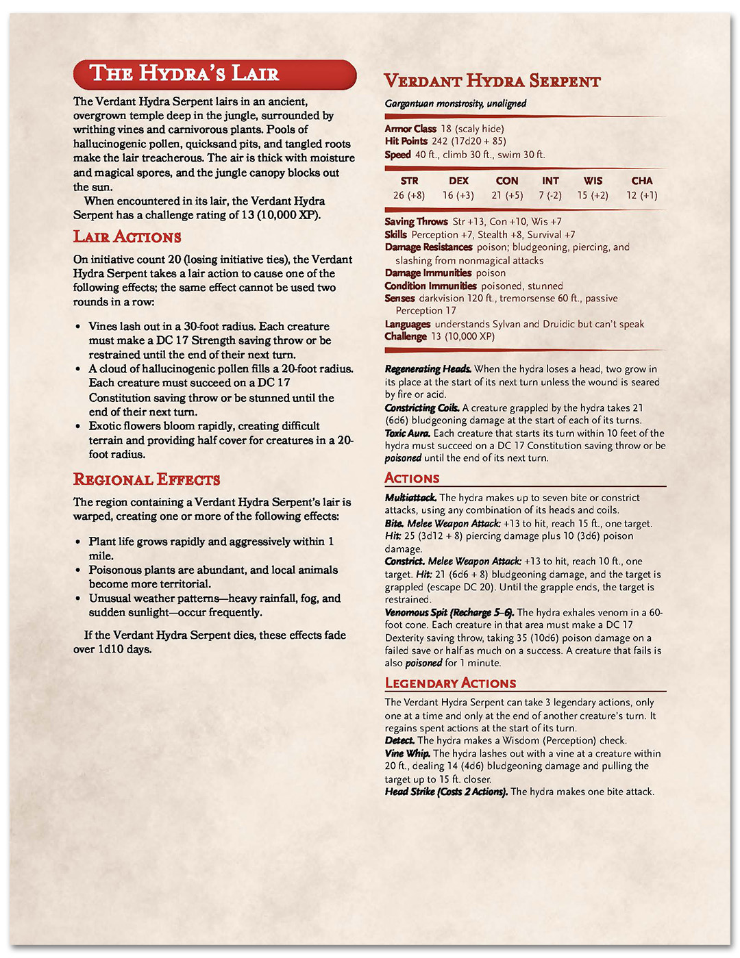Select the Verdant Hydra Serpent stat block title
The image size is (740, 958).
[x=492, y=81]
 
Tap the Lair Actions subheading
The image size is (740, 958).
[x=127, y=237]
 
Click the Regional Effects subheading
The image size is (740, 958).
[x=147, y=479]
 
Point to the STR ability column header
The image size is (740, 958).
[x=409, y=181]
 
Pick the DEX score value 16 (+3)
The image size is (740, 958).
[x=458, y=195]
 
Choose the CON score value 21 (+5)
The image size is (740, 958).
[x=506, y=195]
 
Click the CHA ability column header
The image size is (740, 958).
[x=641, y=181]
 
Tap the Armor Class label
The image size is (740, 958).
[x=410, y=129]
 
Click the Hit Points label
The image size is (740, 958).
[x=406, y=141]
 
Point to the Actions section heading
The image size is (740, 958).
[x=412, y=478]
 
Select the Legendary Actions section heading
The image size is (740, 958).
[x=450, y=683]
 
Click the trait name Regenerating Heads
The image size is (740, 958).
[x=428, y=369]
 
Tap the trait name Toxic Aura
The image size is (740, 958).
[x=407, y=433]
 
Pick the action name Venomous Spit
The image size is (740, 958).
[x=417, y=612]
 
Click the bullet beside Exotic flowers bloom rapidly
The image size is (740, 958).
[x=78, y=426]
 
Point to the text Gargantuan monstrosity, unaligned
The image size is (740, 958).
[x=455, y=103]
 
